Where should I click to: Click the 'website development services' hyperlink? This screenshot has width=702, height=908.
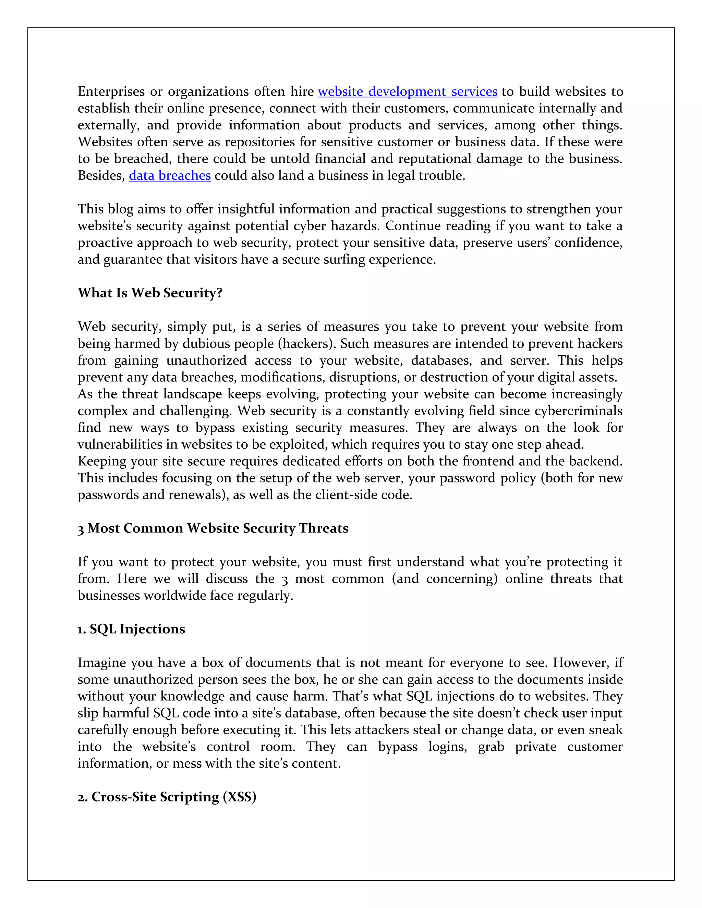pyautogui.click(x=408, y=91)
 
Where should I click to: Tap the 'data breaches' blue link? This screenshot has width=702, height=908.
pyautogui.click(x=170, y=175)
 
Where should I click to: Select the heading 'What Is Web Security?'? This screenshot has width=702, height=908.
pyautogui.click(x=150, y=293)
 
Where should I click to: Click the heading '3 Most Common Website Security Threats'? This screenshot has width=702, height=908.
pyautogui.click(x=213, y=528)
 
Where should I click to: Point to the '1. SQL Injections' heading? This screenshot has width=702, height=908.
pyautogui.click(x=131, y=629)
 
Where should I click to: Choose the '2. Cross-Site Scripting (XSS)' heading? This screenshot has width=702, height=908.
pyautogui.click(x=167, y=797)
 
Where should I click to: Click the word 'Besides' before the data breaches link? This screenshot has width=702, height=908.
pyautogui.click(x=101, y=175)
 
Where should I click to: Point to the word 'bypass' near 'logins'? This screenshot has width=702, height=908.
pyautogui.click(x=398, y=747)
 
